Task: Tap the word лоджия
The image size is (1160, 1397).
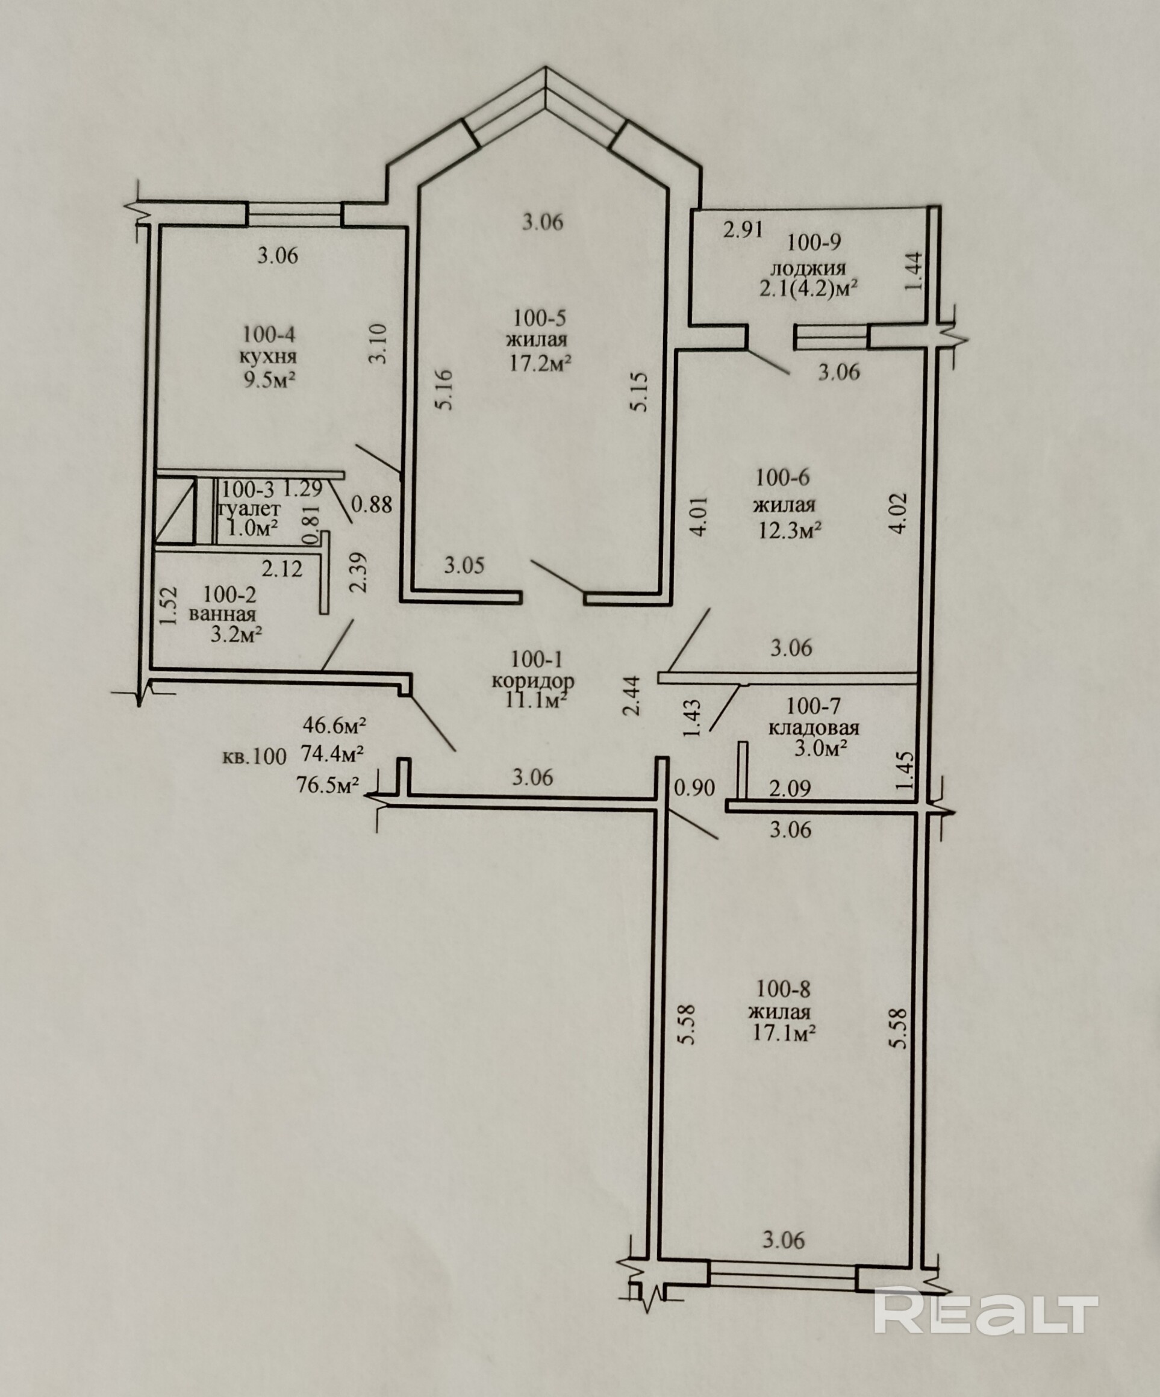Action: (x=808, y=268)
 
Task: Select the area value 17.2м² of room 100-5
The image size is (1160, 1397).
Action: (x=540, y=363)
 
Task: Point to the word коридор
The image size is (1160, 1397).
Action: (x=533, y=681)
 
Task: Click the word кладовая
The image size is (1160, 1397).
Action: (x=814, y=728)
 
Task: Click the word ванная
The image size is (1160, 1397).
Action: (x=222, y=614)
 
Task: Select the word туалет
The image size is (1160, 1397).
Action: (x=249, y=509)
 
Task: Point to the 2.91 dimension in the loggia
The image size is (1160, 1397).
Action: (x=743, y=229)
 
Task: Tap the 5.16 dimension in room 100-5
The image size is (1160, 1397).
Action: (x=445, y=390)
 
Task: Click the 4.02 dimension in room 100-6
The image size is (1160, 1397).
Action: (x=899, y=512)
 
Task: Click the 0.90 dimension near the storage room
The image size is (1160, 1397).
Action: (x=694, y=788)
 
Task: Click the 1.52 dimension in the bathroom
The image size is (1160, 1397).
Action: (x=167, y=605)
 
